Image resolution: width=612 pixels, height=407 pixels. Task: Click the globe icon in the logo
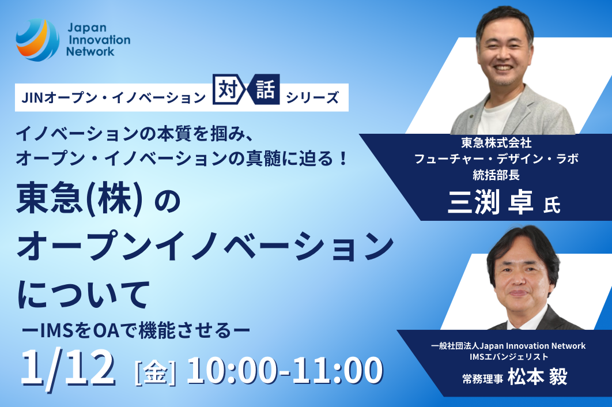pyautogui.click(x=37, y=40)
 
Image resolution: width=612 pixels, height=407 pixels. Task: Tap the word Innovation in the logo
pyautogui.click(x=100, y=39)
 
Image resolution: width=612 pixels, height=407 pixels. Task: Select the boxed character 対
pyautogui.click(x=228, y=90)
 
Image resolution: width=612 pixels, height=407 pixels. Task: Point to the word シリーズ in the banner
pyautogui.click(x=312, y=97)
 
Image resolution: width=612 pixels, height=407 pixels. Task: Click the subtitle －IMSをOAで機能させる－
pyautogui.click(x=136, y=330)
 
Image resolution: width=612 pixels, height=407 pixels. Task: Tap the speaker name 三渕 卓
pyautogui.click(x=490, y=202)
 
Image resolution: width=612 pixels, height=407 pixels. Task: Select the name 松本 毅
pyautogui.click(x=538, y=377)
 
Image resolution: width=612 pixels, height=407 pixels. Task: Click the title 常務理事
pyautogui.click(x=482, y=379)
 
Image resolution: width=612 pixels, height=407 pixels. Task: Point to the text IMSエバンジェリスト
pyautogui.click(x=509, y=356)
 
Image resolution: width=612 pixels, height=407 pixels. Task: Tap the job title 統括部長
pyautogui.click(x=496, y=175)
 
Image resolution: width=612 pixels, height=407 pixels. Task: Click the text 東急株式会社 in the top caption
pyautogui.click(x=496, y=142)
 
